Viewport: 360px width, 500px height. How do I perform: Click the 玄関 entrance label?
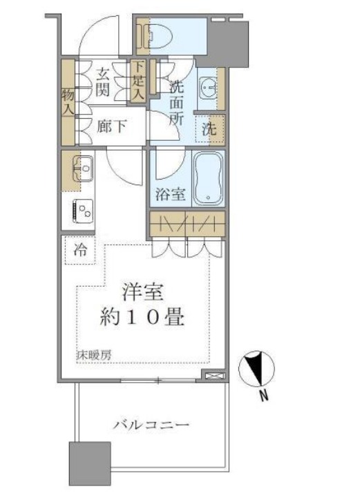[104, 80]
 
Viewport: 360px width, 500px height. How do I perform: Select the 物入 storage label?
[68, 101]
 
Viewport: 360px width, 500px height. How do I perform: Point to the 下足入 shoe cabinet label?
[138, 81]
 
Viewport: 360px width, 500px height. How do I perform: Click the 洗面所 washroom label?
[177, 102]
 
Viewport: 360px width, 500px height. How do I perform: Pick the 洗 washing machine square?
[209, 128]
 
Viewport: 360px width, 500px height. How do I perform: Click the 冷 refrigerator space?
[81, 251]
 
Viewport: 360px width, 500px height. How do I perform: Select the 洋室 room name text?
[143, 293]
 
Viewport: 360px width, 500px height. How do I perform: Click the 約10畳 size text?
[143, 319]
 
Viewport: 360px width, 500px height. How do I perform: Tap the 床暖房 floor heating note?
[94, 356]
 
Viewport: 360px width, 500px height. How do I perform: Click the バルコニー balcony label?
[151, 424]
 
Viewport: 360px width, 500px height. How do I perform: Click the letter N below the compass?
[263, 396]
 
